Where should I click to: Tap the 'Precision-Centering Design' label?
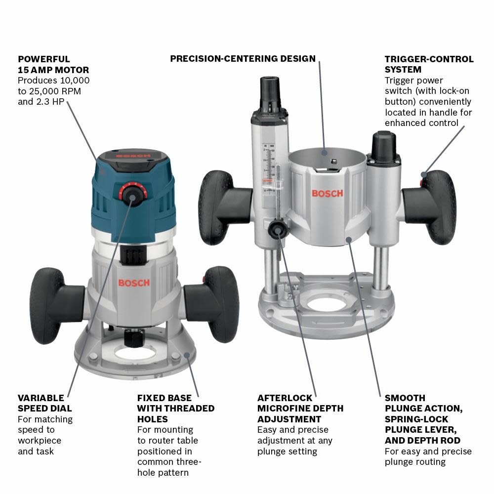243,59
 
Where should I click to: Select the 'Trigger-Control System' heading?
429,64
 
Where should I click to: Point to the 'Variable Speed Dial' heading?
44,403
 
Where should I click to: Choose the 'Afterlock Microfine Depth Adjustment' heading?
300,409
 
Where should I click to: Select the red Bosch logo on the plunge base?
327,193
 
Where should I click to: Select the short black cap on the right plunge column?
385,145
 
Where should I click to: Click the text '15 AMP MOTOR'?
53,70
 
